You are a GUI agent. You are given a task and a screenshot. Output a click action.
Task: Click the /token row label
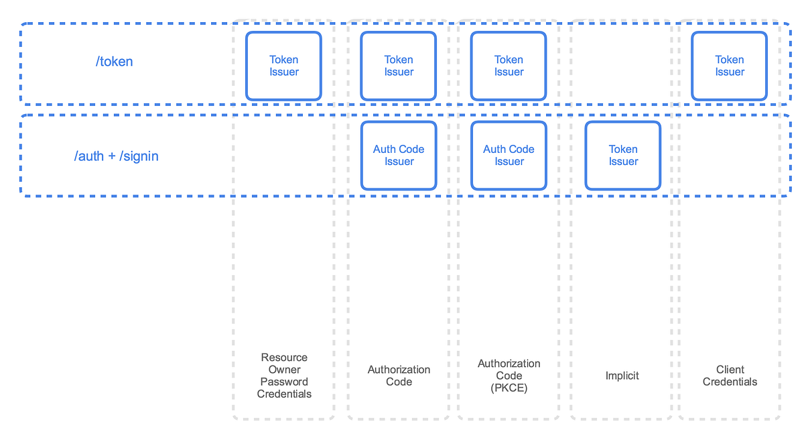point(114,62)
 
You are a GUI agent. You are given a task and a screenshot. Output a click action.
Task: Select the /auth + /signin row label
point(116,156)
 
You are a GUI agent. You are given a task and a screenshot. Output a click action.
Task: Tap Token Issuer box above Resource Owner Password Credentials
point(284,66)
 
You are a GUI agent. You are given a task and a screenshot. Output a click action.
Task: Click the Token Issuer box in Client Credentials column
point(730,66)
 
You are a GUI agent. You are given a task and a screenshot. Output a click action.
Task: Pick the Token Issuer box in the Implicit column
point(623,156)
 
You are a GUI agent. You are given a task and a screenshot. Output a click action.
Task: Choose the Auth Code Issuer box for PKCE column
point(509,156)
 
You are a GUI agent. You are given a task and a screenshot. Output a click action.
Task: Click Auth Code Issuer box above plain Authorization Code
point(399,156)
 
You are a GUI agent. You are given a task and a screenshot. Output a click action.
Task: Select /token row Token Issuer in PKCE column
point(509,66)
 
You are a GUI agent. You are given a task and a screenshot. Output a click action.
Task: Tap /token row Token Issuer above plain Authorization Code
point(399,66)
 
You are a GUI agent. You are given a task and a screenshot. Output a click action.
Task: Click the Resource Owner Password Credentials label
point(284,376)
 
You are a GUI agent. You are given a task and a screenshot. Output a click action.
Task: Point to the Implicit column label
point(622,376)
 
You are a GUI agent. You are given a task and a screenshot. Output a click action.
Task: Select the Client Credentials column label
point(730,376)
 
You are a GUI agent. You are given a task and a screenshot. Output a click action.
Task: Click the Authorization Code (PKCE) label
point(509,376)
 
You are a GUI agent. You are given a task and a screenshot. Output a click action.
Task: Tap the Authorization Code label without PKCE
point(399,376)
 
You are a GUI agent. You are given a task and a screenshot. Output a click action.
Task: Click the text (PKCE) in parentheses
point(509,388)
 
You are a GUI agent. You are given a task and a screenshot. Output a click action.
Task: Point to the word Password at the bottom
point(284,382)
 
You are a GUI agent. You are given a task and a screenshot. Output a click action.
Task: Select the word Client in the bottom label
point(730,370)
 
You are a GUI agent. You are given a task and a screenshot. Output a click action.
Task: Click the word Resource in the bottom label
point(284,357)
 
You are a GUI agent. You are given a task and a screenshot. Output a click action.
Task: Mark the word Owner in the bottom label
point(284,370)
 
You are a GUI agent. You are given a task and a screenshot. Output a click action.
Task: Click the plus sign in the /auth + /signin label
point(112,157)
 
